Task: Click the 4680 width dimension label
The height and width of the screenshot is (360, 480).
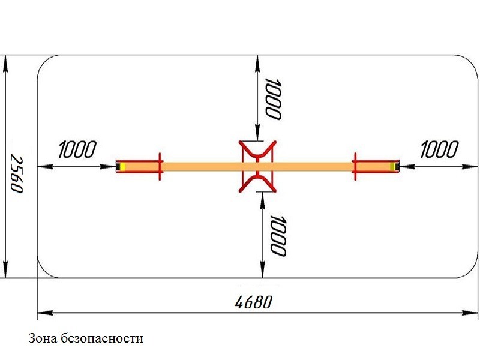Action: pos(253,302)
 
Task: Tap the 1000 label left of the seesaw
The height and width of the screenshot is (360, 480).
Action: pos(77,149)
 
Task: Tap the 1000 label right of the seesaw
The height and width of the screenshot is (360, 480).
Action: pos(440,149)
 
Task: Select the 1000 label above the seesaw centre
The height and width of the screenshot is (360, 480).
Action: pos(272,99)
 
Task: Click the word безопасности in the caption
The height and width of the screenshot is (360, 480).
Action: pos(102,338)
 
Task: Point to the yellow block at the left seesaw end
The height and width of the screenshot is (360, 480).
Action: pos(122,167)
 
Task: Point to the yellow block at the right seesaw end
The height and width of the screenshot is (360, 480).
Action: pos(392,167)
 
